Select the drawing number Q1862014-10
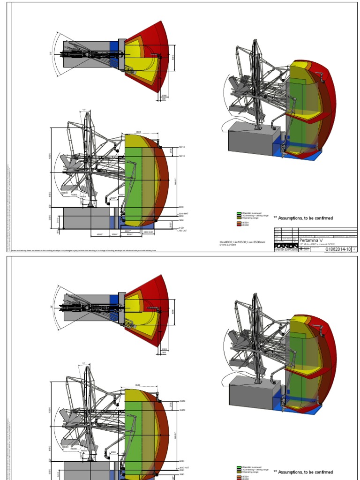[337, 249]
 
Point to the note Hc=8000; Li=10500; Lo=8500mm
[242, 242]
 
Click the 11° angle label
[84, 111]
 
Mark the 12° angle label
[84, 363]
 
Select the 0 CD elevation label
[181, 228]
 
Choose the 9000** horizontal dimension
[130, 234]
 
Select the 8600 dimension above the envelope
[139, 132]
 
